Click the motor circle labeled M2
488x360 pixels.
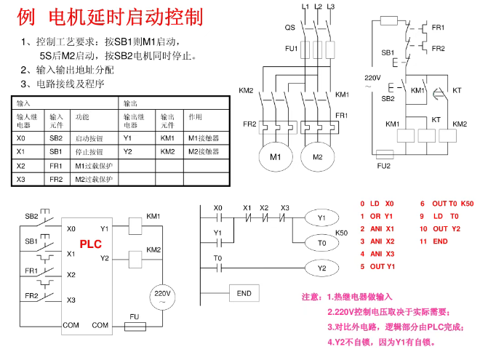pos(317,157)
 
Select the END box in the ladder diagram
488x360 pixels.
pos(244,293)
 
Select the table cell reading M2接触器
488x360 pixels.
pos(204,151)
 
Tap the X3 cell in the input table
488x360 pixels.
pos(20,179)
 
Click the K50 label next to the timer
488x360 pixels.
pos(341,232)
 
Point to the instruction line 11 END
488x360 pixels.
pos(433,241)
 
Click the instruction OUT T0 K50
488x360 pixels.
pos(446,204)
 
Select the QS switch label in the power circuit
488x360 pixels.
pos(289,27)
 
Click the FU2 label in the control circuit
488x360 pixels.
pos(383,166)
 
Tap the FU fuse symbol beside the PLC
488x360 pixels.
pos(135,327)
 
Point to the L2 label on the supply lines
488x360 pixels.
pos(318,6)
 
